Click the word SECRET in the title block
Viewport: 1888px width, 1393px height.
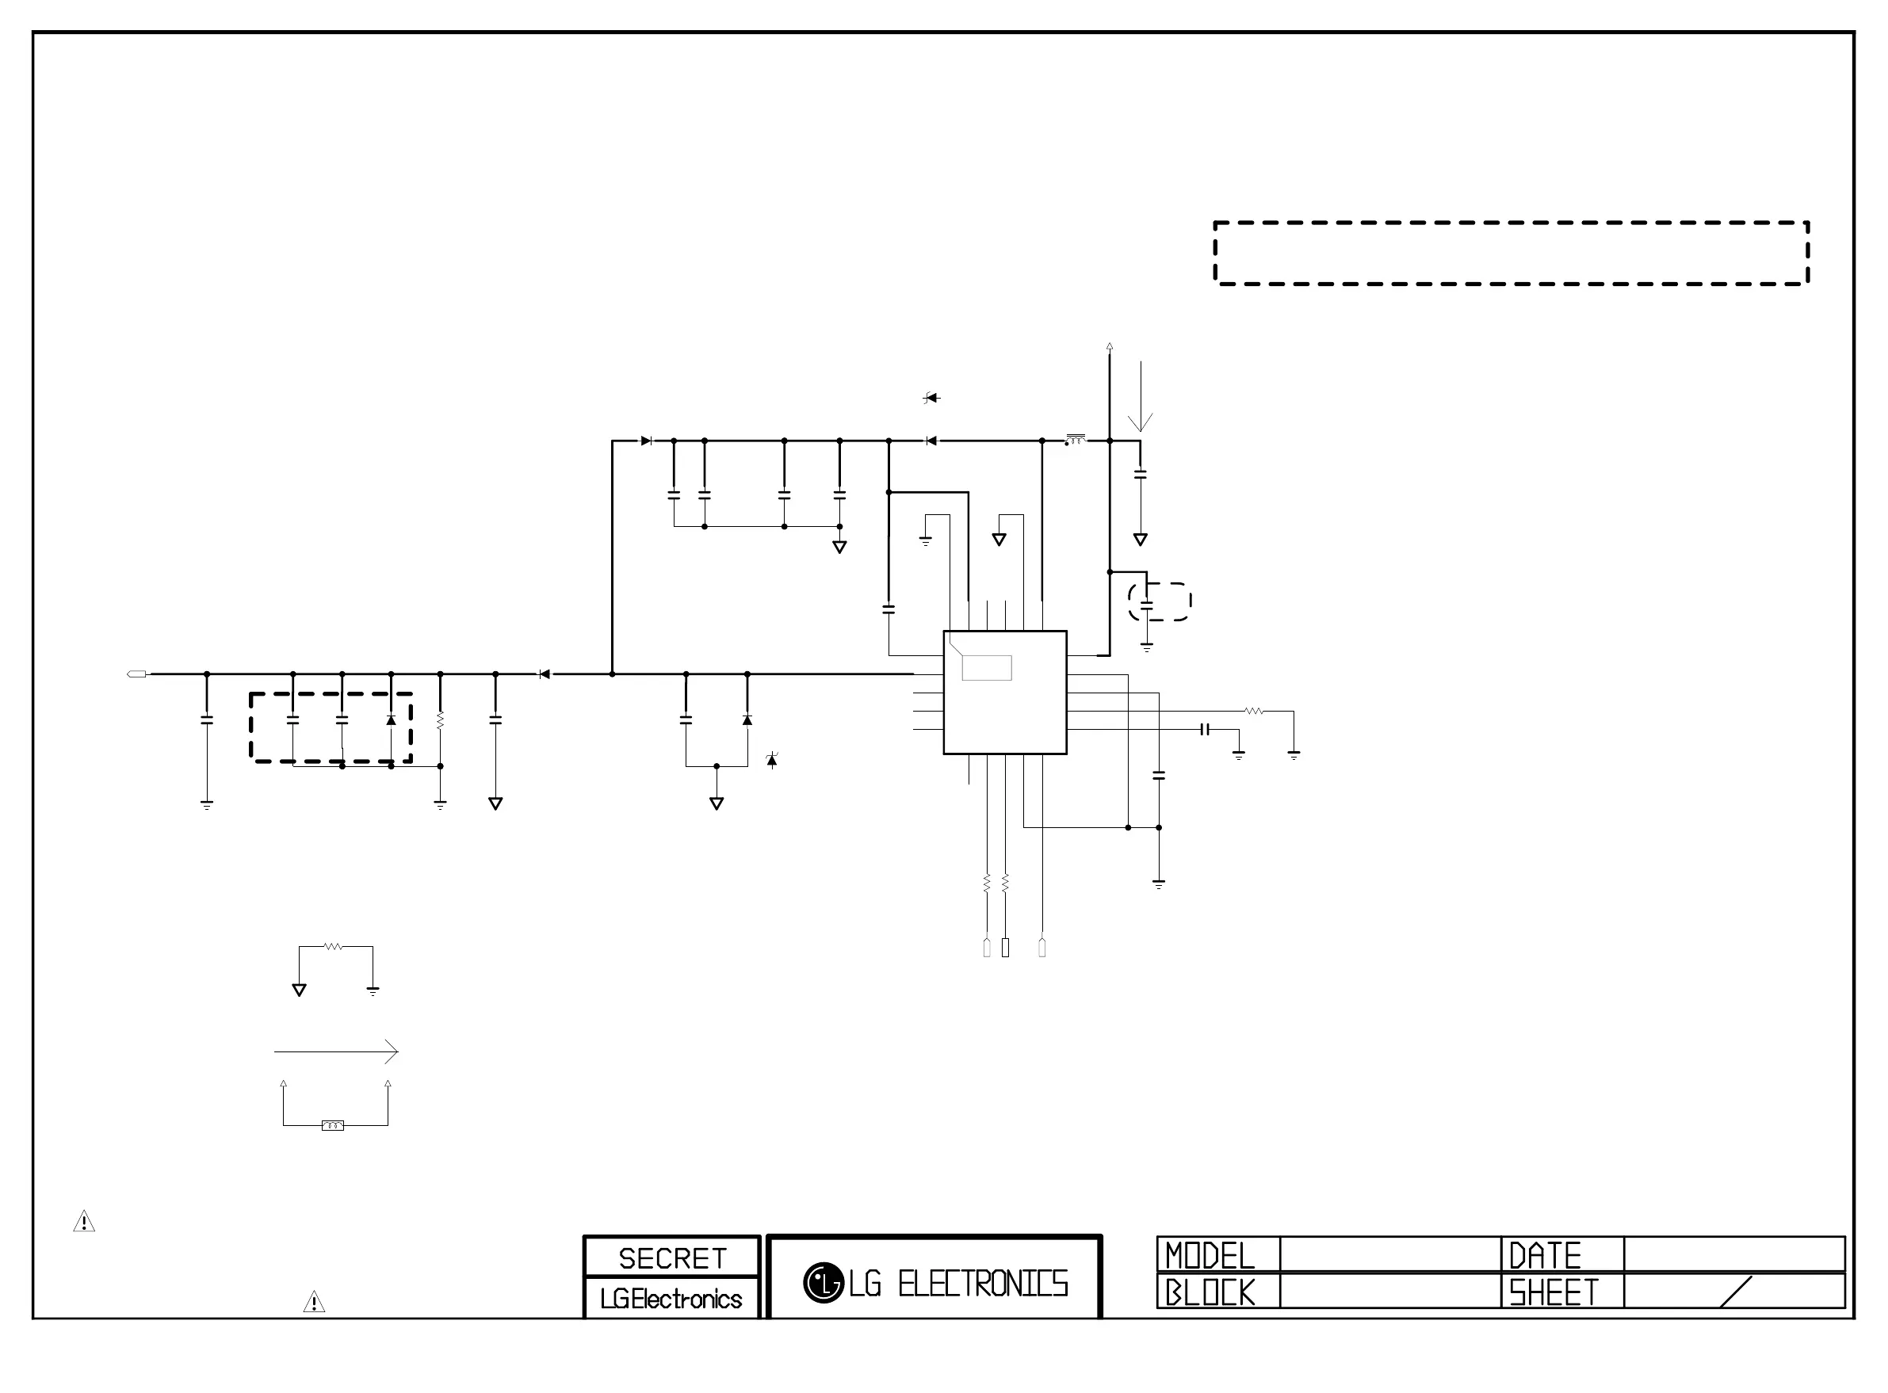(x=672, y=1258)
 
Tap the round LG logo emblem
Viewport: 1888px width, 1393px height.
(x=823, y=1283)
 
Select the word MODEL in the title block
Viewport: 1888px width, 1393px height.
(x=1210, y=1256)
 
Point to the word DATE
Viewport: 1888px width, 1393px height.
(x=1545, y=1256)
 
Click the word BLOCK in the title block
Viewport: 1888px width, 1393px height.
(x=1210, y=1292)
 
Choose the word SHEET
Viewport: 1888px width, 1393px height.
(x=1554, y=1292)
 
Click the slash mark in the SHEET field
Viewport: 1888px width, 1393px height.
(x=1735, y=1291)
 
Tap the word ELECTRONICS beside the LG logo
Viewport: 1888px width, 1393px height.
(x=982, y=1284)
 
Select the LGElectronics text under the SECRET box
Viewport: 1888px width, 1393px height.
(x=671, y=1299)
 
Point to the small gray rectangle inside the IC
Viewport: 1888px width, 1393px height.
(x=987, y=668)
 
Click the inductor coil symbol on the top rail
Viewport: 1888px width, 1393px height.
(x=1075, y=439)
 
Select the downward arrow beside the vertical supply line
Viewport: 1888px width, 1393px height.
(x=1141, y=396)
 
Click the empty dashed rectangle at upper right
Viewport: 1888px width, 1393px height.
(x=1511, y=253)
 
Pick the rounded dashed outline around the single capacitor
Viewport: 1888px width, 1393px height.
(x=1160, y=601)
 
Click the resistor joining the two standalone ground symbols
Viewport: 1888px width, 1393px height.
(x=334, y=947)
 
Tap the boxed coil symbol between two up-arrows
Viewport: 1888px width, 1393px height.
(x=333, y=1125)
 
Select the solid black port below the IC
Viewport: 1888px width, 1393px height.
(x=1005, y=948)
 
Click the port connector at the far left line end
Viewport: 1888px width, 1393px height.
(x=136, y=674)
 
